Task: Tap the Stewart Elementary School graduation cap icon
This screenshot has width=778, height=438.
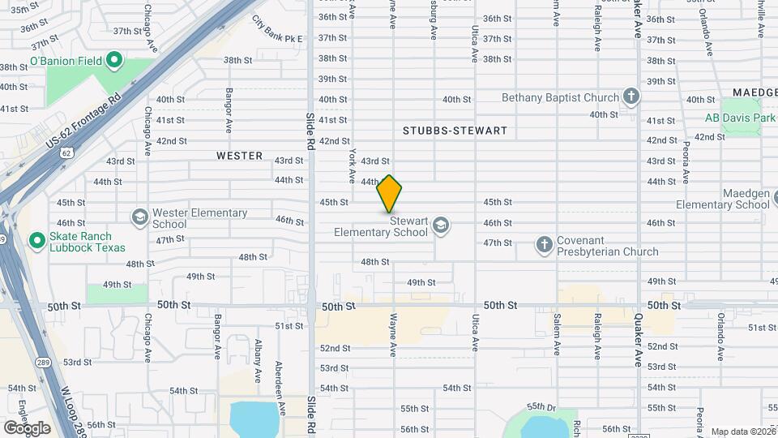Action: [x=441, y=225]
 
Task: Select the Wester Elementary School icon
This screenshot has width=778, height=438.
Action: [x=140, y=217]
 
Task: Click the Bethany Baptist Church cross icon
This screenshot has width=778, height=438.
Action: [x=631, y=97]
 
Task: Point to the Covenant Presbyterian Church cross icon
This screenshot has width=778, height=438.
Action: [x=545, y=243]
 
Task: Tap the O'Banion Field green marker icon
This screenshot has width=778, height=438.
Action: [x=114, y=59]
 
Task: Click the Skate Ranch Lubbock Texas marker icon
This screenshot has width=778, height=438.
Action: [x=36, y=240]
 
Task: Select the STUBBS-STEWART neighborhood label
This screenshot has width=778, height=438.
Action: [x=455, y=131]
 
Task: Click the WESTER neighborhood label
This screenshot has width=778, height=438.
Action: [x=239, y=155]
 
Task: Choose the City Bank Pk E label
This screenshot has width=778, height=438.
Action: [x=276, y=30]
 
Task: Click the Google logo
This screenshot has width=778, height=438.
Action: [x=27, y=427]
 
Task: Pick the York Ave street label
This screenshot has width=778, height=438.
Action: [x=353, y=165]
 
